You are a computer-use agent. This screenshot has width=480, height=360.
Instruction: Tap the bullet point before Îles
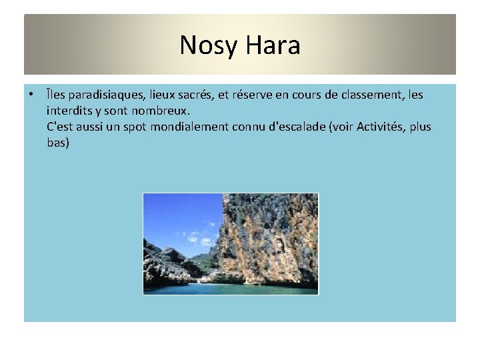pyautogui.click(x=31, y=95)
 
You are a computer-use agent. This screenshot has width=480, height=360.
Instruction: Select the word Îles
pyautogui.click(x=56, y=95)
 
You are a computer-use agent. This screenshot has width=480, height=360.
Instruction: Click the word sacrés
pyautogui.click(x=191, y=95)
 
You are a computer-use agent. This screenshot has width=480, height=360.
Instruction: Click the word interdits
pyautogui.click(x=72, y=111)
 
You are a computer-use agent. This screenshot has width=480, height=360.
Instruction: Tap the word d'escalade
pyautogui.click(x=297, y=127)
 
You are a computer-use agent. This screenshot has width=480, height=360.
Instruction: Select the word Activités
pyautogui.click(x=381, y=127)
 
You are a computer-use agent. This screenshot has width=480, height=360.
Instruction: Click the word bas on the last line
pyautogui.click(x=58, y=143)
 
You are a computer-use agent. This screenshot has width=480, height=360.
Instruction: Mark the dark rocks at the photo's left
pyautogui.click(x=163, y=263)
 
